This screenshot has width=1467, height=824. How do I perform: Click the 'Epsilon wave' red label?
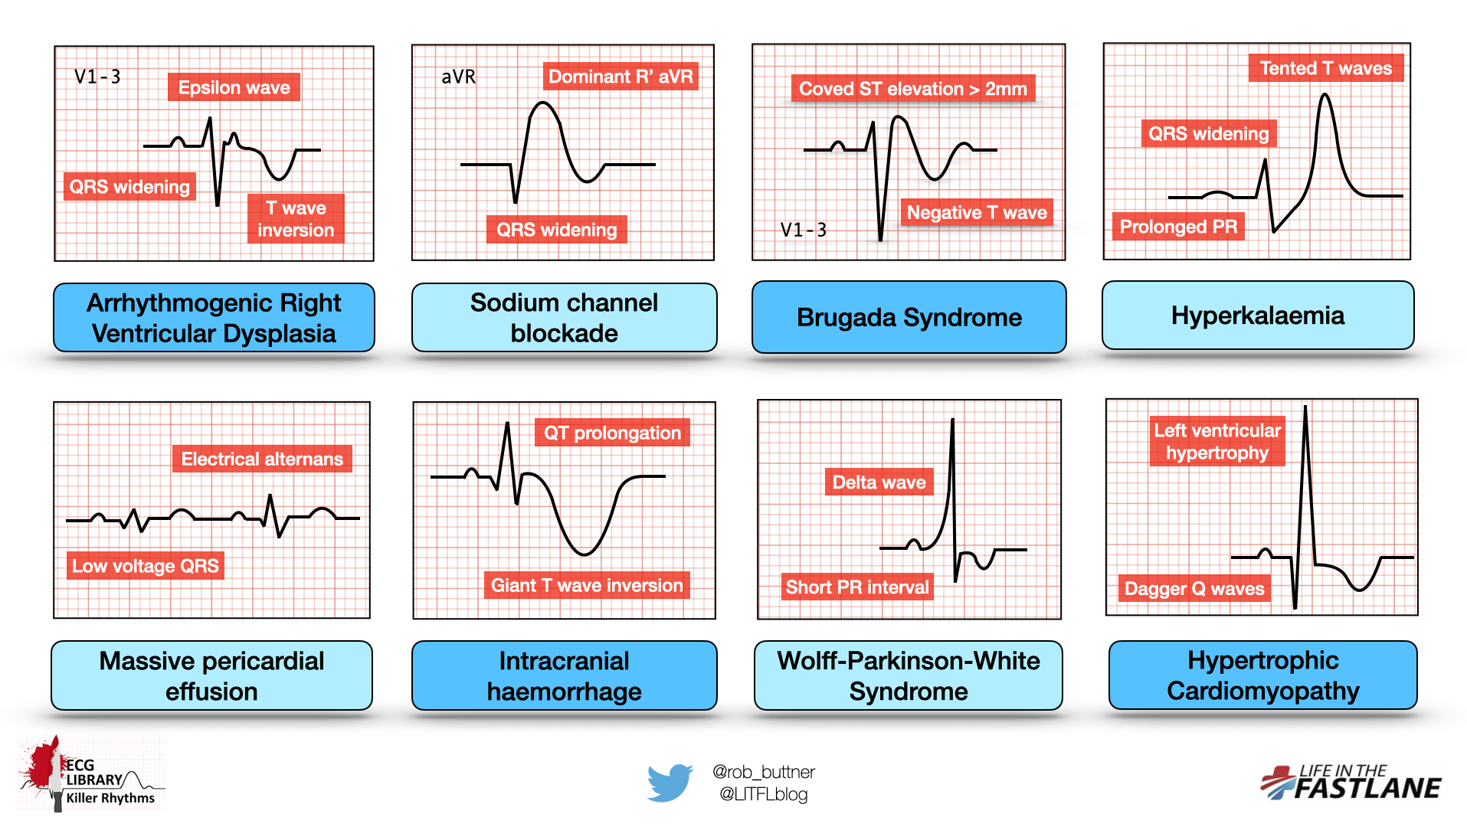coord(234,87)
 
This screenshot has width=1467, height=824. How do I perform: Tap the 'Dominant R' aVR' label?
coord(621,77)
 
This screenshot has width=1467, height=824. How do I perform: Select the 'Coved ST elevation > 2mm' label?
coord(912,89)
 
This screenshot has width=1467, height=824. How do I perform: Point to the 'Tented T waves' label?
coord(1325,68)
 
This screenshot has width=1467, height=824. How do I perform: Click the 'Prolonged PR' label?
coord(1177,227)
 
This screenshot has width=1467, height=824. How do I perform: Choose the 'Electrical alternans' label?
coord(262,459)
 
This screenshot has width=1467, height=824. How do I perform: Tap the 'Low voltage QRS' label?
coord(146,566)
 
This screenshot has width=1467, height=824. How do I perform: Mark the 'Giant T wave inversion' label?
coord(587,585)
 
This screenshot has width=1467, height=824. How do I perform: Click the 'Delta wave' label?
coord(879,482)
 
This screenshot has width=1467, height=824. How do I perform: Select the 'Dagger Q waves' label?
coord(1194,588)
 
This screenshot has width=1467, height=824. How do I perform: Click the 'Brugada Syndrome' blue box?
coord(909,317)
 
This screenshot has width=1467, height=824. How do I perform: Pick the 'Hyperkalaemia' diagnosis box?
coord(1257,316)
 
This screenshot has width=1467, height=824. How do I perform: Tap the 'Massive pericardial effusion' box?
coord(211,675)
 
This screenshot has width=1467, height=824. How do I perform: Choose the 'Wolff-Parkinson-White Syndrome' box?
coord(908,675)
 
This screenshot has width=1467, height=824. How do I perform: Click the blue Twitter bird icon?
coord(670,782)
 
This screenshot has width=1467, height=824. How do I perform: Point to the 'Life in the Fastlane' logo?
coord(1351,782)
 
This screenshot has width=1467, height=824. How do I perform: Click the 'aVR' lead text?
coord(458,77)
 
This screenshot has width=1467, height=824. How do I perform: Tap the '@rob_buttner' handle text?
coord(763,771)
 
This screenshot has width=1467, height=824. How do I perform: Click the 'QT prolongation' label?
coord(612,433)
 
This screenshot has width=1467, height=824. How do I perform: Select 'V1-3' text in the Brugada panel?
coord(803,230)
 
